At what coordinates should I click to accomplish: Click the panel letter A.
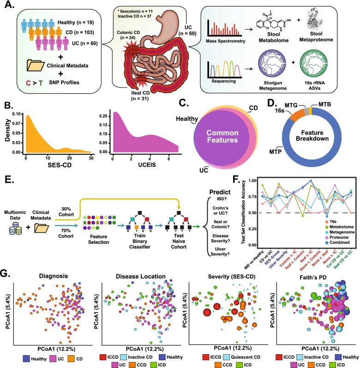tap(8, 6)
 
